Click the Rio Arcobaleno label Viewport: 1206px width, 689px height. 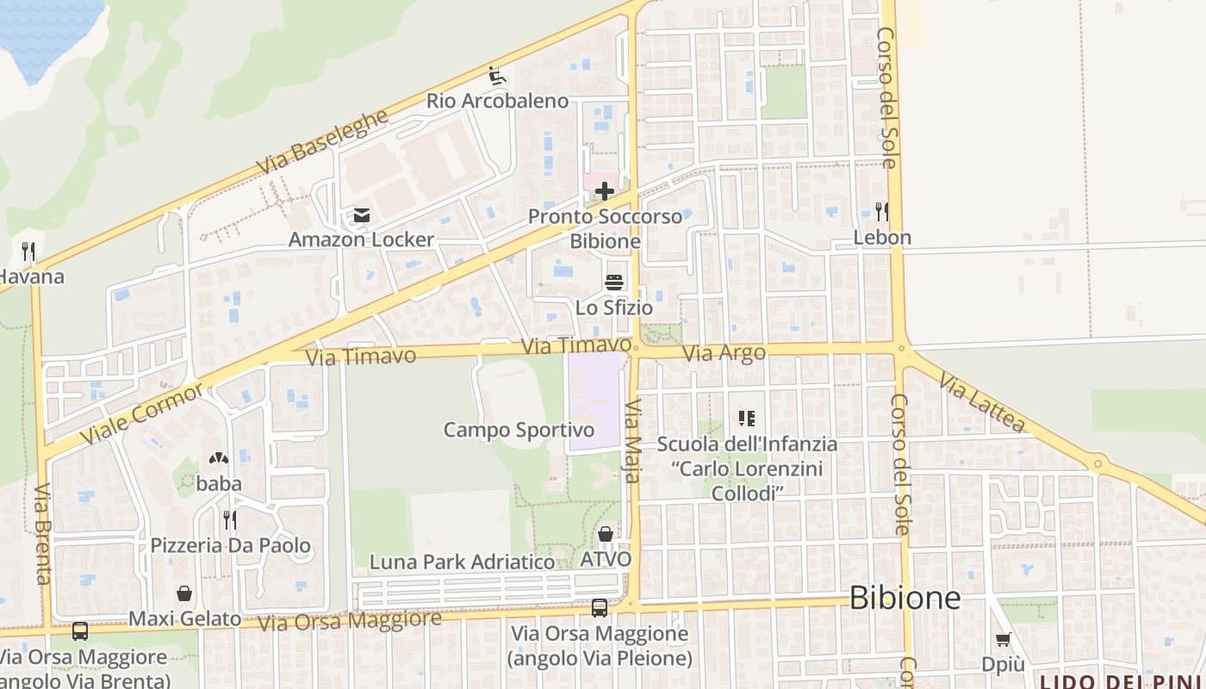[498, 101]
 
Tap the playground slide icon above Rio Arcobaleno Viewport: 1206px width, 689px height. [497, 76]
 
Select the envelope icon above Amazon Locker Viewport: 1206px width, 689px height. [362, 214]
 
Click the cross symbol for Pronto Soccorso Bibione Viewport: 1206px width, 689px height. [605, 191]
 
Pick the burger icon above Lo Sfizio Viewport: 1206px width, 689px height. [614, 282]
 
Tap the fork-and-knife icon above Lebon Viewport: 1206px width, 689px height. [881, 212]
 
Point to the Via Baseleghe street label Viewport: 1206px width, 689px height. [323, 141]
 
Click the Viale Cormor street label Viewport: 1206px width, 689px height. [143, 413]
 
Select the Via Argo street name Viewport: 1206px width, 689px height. [724, 353]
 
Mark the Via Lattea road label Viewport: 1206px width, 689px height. [982, 401]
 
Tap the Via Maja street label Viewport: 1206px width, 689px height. [634, 440]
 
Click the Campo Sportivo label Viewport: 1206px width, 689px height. [519, 429]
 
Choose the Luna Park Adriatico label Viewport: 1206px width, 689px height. [463, 562]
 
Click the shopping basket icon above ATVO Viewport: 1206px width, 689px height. [606, 534]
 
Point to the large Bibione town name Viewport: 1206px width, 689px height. [904, 598]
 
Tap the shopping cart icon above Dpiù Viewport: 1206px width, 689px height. [1003, 639]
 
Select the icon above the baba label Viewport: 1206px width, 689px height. [219, 459]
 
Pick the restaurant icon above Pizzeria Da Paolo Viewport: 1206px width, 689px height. [230, 519]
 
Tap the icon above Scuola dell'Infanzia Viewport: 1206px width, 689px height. [746, 419]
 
